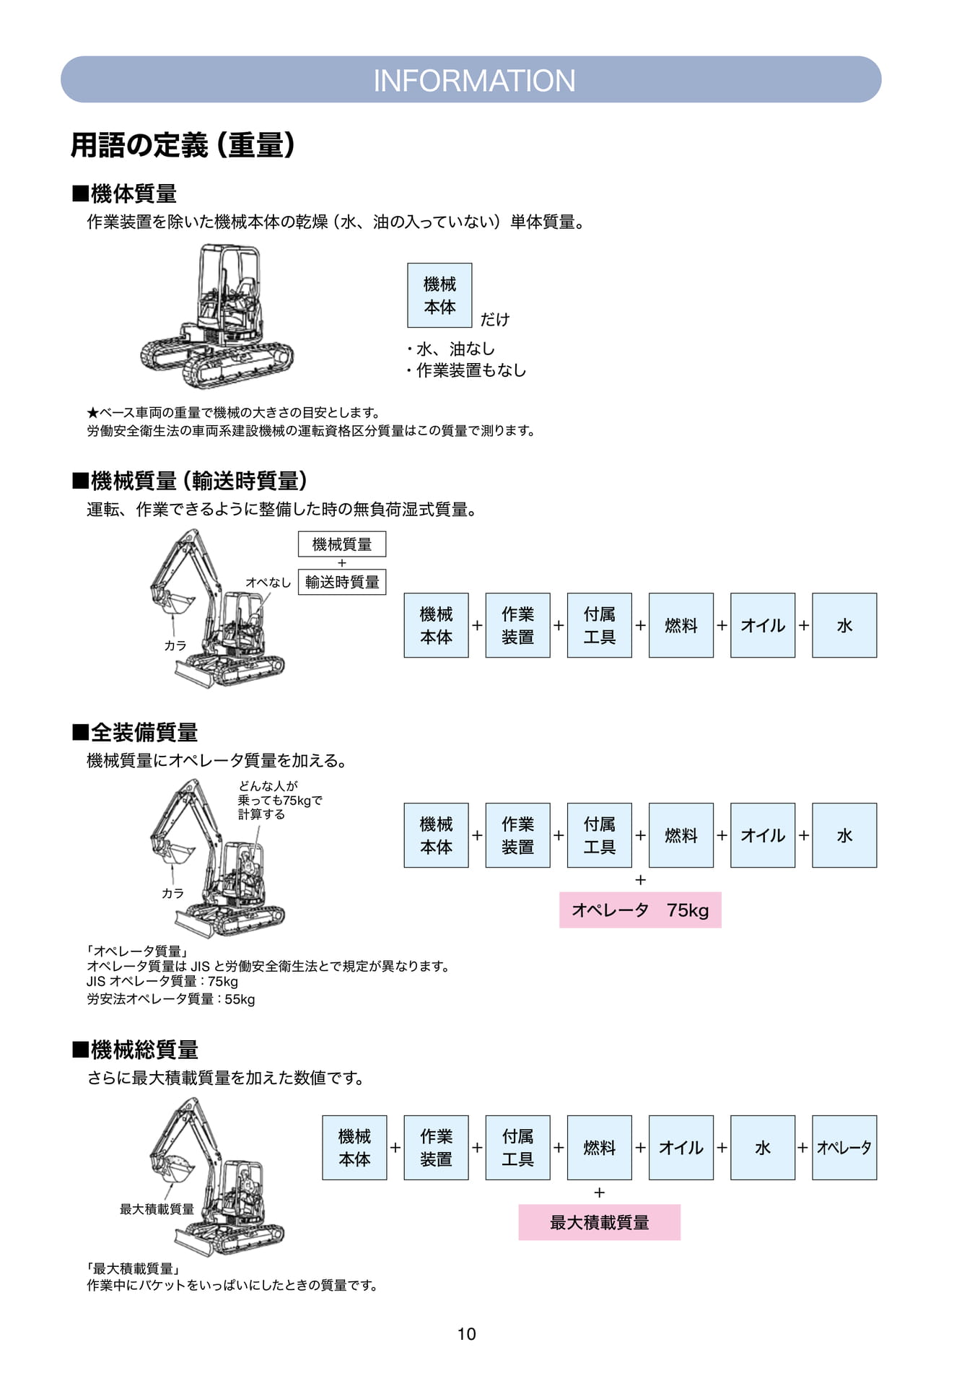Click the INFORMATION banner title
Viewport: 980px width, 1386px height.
(x=474, y=80)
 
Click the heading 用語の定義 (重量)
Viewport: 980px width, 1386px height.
(x=183, y=145)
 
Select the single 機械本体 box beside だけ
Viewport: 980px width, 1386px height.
(x=439, y=295)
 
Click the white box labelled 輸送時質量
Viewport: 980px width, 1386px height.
(x=342, y=582)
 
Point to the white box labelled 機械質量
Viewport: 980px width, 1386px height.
(x=342, y=544)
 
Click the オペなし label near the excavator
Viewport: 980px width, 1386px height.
(x=268, y=583)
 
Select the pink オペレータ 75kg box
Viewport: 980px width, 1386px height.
(x=640, y=910)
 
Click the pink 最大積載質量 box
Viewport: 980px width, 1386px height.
(x=599, y=1222)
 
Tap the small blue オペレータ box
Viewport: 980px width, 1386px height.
(x=844, y=1148)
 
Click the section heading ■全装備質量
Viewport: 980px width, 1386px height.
(x=135, y=733)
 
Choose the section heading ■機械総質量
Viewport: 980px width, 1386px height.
(x=135, y=1050)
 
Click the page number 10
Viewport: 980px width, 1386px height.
(x=467, y=1334)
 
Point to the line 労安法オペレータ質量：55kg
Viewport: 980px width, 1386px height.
(x=171, y=999)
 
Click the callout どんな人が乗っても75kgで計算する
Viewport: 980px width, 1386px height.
(x=280, y=800)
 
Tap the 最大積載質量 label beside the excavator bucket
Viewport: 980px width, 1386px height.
(x=157, y=1209)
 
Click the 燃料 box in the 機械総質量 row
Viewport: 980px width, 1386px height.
(x=600, y=1148)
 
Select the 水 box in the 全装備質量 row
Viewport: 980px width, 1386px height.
(x=844, y=835)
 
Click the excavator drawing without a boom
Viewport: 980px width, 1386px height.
(x=216, y=316)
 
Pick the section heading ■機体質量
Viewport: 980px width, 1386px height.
(x=124, y=193)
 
